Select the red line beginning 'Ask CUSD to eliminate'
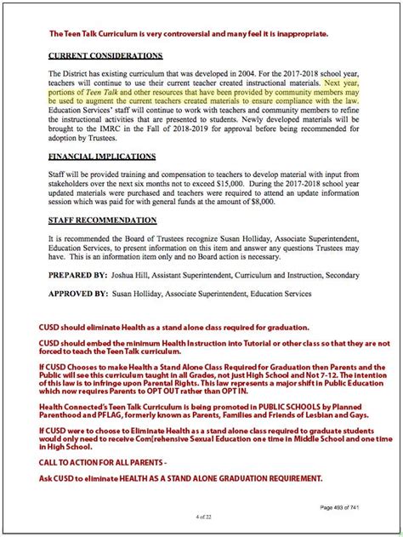179,478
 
